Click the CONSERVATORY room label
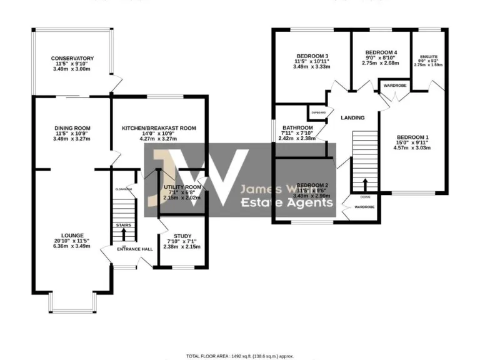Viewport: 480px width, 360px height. pos(73,59)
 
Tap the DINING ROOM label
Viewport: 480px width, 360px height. pos(73,128)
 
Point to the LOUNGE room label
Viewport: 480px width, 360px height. pos(73,236)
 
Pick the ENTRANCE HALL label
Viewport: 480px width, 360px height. pos(134,249)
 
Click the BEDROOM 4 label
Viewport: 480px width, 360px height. pos(381,52)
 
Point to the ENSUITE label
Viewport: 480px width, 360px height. pos(429,56)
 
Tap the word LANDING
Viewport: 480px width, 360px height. pos(352,117)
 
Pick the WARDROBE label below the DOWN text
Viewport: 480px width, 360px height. pos(364,206)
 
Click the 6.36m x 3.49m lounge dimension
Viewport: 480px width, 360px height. pos(73,246)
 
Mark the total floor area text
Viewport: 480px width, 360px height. pos(240,356)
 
